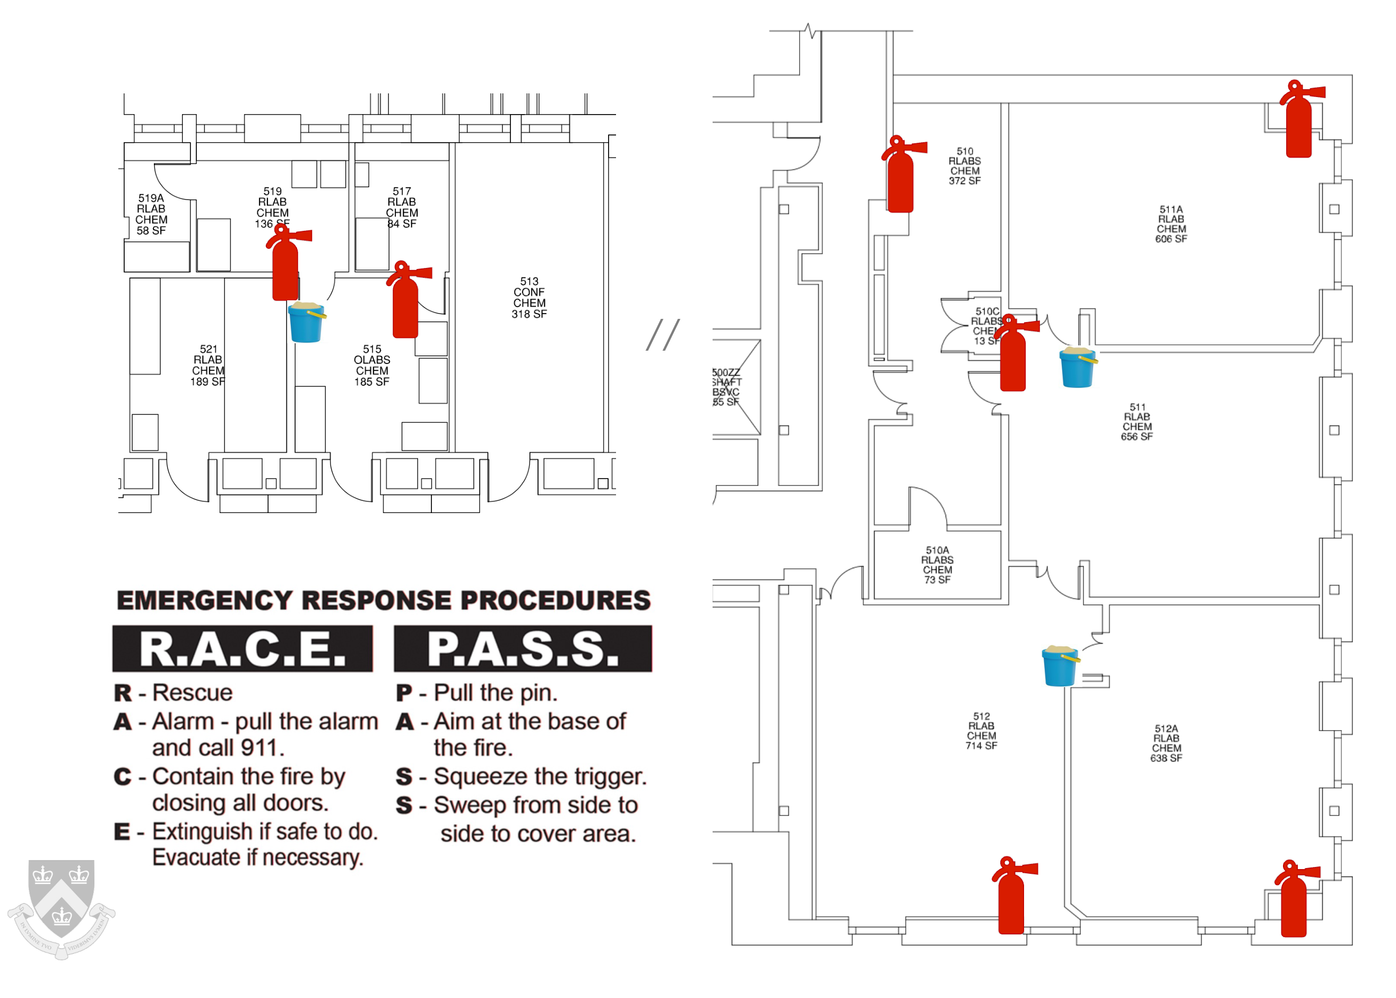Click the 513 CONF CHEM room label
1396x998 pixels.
pos(529,298)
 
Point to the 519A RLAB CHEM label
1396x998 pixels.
pos(151,214)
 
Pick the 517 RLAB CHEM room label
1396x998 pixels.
pos(402,207)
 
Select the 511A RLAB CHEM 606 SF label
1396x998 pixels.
pos(1171,224)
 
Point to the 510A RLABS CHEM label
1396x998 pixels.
pos(937,565)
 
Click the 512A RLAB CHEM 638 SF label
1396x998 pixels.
pos(1166,743)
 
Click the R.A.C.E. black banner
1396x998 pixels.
pos(242,648)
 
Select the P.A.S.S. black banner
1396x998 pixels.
pos(523,648)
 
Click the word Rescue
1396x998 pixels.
pos(192,692)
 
